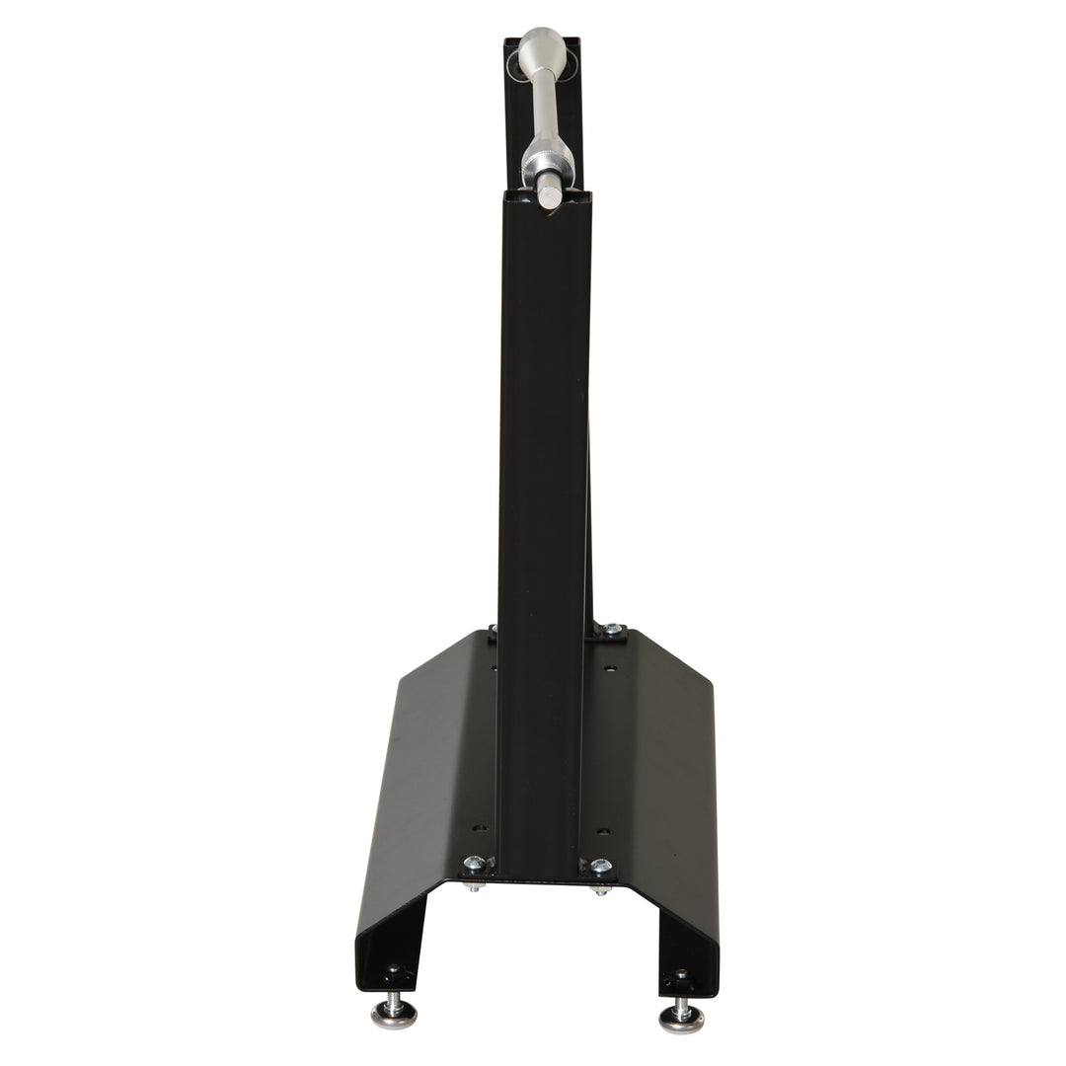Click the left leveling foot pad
393,1016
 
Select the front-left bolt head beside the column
475,864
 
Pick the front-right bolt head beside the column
600,866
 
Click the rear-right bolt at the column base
612,629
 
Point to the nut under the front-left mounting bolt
475,885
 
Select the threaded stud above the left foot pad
394,997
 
